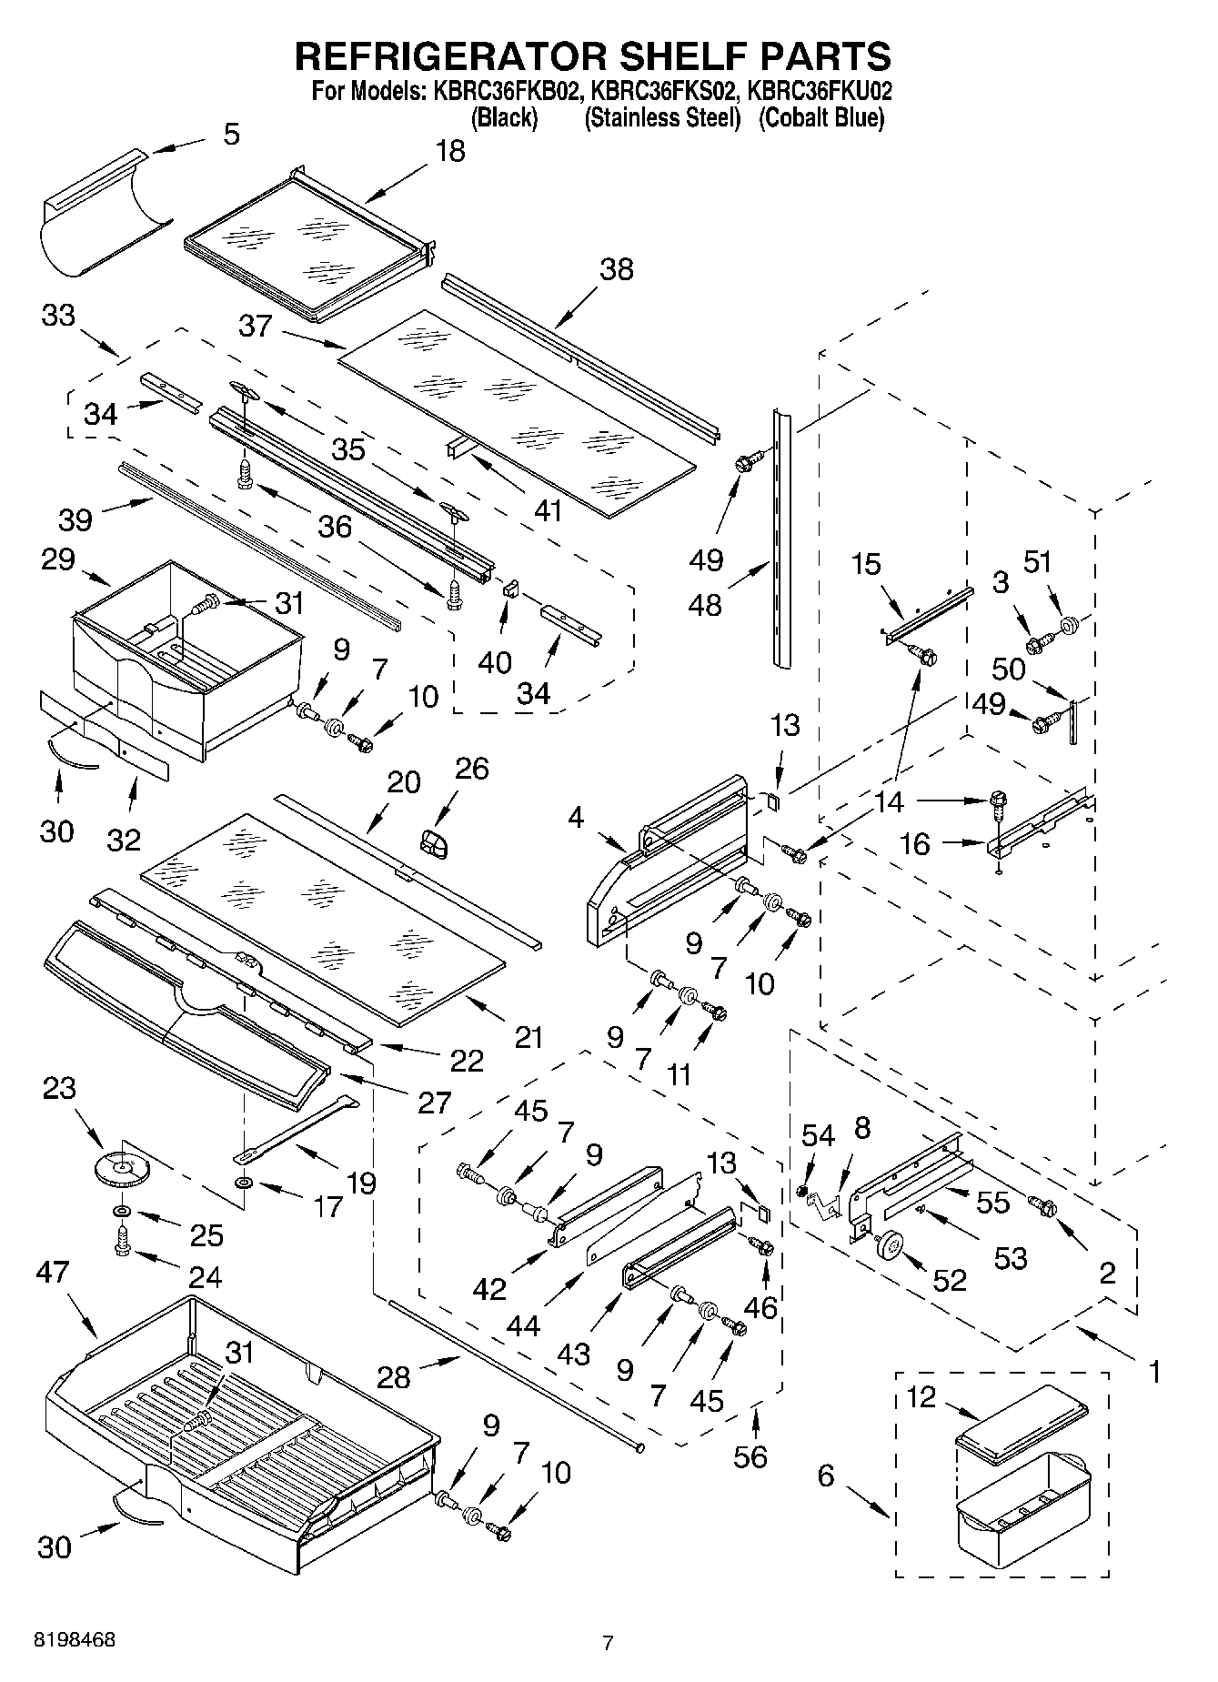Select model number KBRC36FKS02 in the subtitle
click(x=661, y=91)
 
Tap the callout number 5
click(x=231, y=135)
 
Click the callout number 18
click(x=449, y=151)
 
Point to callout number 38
click(x=616, y=269)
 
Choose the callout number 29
click(x=57, y=559)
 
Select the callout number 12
click(x=921, y=1396)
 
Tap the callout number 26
click(x=472, y=768)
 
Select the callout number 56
click(x=750, y=1456)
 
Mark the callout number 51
click(x=1038, y=562)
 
